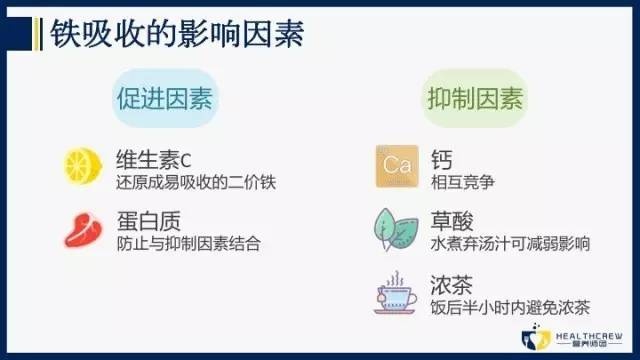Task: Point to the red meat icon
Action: (x=78, y=228)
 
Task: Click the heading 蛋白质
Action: (x=139, y=219)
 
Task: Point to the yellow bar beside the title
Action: (x=38, y=32)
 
